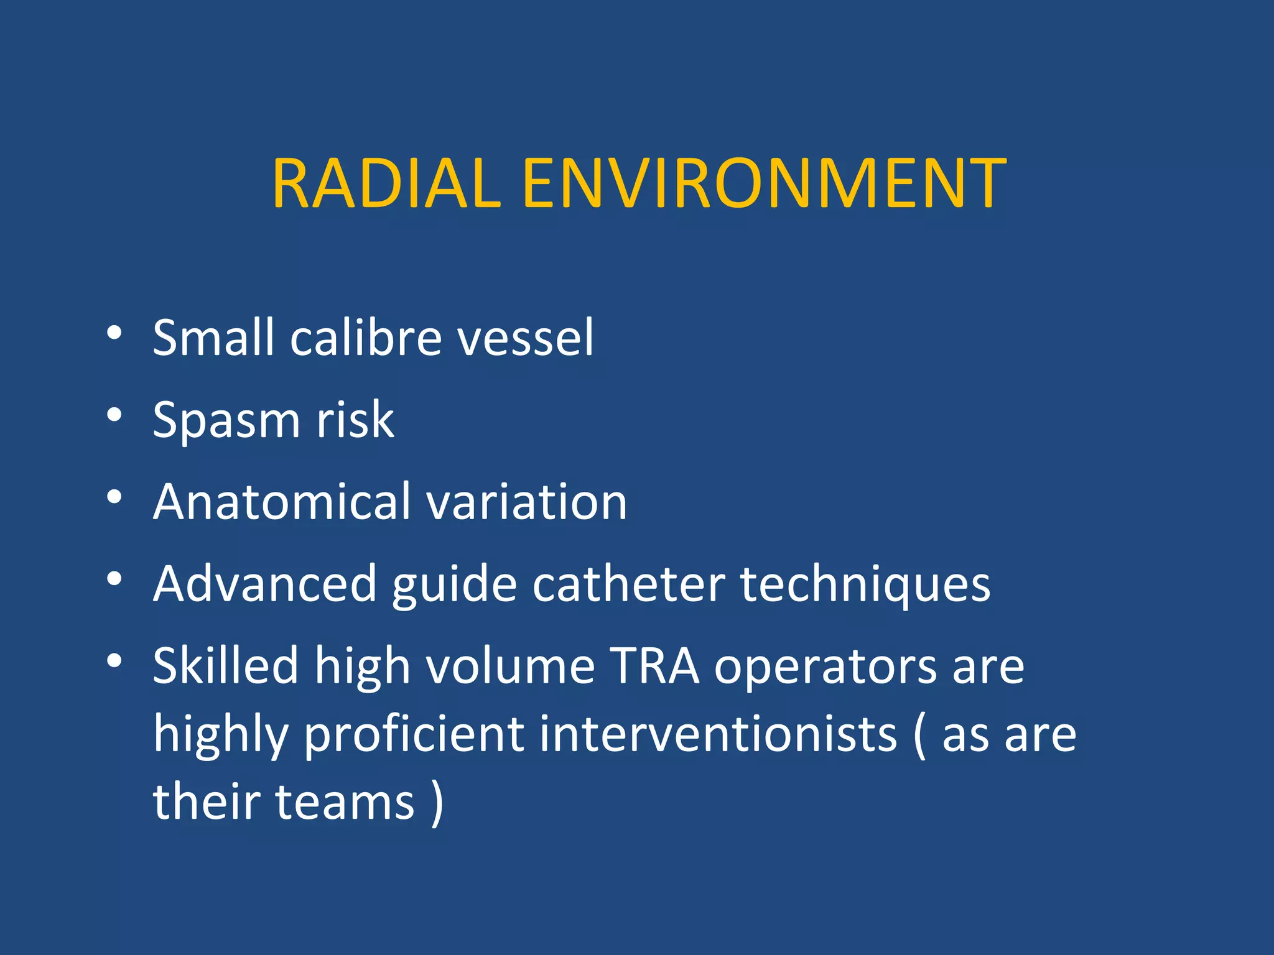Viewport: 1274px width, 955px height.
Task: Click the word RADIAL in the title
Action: (x=386, y=184)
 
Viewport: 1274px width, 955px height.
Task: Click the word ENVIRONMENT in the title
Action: (x=764, y=184)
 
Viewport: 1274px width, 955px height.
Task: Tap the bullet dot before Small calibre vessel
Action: (x=114, y=334)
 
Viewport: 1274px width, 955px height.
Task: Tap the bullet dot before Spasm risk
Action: (x=114, y=415)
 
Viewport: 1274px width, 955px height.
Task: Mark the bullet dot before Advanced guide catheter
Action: (x=114, y=579)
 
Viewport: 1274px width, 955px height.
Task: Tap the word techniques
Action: (x=865, y=586)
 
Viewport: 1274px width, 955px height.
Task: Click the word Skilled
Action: (x=226, y=666)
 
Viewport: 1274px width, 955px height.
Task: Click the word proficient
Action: (x=414, y=735)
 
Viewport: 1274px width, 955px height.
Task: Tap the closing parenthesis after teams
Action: (x=437, y=803)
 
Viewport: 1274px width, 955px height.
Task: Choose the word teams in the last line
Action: (x=345, y=802)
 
